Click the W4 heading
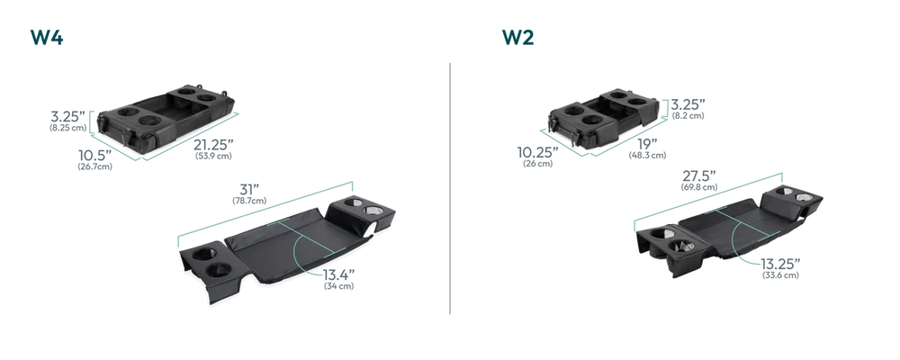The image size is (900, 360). [x=47, y=37]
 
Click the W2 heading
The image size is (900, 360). [x=517, y=37]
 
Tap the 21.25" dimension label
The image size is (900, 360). [x=213, y=145]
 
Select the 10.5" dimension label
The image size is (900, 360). [x=94, y=156]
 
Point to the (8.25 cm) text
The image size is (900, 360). [x=67, y=128]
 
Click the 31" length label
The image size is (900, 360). [x=249, y=189]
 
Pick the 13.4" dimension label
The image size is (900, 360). [x=338, y=274]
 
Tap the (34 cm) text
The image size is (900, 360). [x=338, y=286]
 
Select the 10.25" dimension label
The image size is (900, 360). [x=538, y=152]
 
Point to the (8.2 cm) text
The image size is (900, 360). [x=688, y=116]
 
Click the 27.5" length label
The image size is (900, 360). [x=699, y=175]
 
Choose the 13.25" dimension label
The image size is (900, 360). [x=780, y=264]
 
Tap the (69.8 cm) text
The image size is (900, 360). [x=699, y=187]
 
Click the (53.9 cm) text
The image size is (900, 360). [x=213, y=157]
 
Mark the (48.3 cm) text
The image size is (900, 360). [x=647, y=155]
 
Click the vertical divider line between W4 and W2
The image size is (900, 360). [x=450, y=188]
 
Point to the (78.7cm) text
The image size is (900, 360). [x=249, y=201]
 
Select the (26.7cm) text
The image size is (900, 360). [x=94, y=167]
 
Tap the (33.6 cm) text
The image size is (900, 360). [x=780, y=275]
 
